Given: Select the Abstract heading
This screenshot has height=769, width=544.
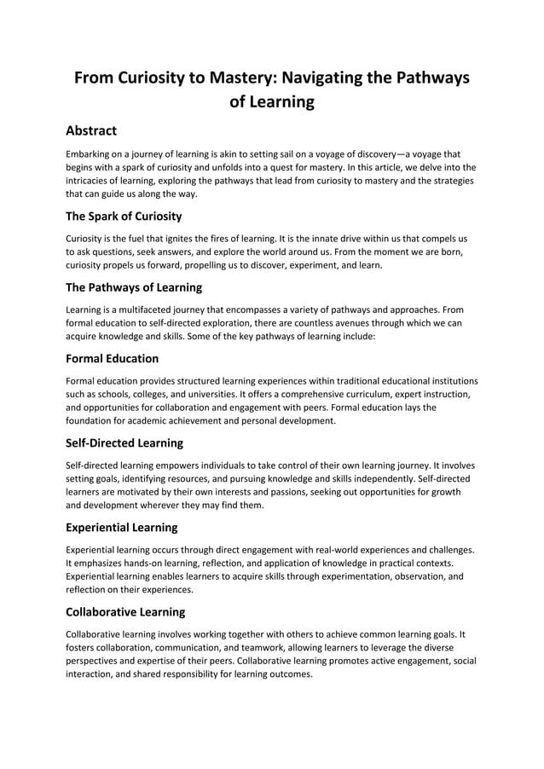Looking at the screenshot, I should point(91,130).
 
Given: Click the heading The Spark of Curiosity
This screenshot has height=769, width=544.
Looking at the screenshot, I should point(124,216).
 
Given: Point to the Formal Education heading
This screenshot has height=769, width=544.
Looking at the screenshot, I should point(112,358).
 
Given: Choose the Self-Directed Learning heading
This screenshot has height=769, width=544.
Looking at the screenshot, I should point(124,442).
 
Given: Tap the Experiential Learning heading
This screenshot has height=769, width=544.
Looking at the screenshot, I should point(122,527).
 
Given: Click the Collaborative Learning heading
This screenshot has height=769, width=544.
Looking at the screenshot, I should point(125,611).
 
